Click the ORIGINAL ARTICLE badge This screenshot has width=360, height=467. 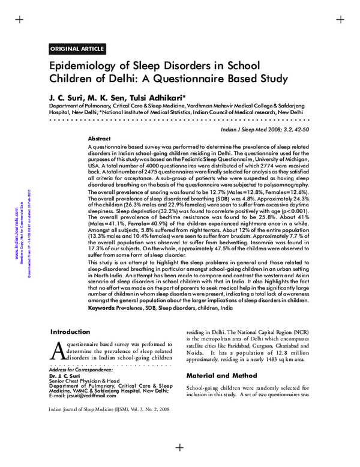tap(77, 49)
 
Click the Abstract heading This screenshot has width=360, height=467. tap(99, 138)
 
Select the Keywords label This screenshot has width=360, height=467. tap(102, 307)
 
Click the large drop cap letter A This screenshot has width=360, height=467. tap(58, 351)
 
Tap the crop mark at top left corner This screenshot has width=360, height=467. tap(19, 19)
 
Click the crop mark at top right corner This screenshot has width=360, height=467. tap(340, 19)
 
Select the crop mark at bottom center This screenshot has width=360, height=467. tap(179, 447)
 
